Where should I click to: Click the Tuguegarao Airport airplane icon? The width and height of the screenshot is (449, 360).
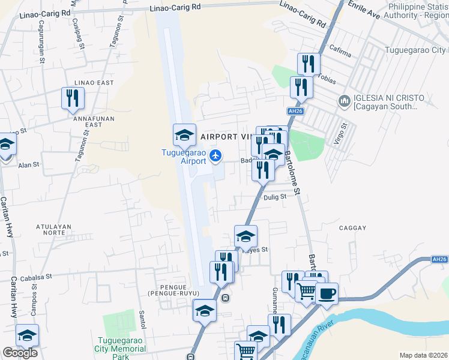216,156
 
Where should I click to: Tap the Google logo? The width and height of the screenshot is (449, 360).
20,353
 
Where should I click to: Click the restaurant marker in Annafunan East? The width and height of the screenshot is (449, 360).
73,98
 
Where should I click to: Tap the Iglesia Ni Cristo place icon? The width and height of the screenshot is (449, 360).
345,100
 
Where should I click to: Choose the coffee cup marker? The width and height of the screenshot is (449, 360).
327,294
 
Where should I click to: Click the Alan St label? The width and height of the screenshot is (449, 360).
28,164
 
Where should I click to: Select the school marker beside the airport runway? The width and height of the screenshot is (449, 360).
184,135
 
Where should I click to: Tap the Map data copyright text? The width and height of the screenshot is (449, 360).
423,355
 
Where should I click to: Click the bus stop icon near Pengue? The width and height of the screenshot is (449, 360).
225,298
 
